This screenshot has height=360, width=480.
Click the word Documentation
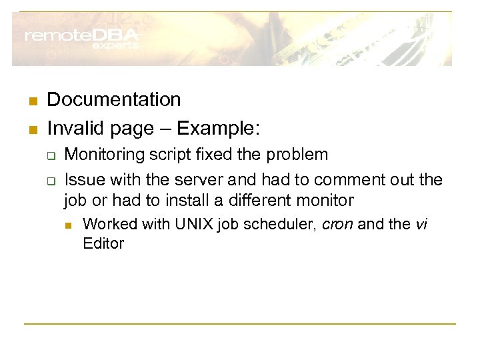(x=114, y=100)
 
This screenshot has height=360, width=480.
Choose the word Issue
(x=81, y=179)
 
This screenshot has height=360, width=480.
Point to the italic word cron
(x=338, y=224)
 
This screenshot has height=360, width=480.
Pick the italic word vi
(x=421, y=224)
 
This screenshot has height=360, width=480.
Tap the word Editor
(x=103, y=243)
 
